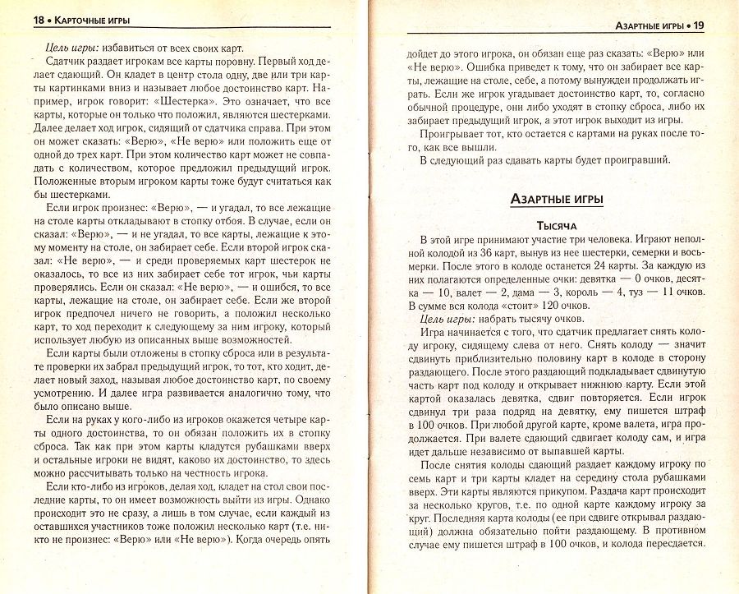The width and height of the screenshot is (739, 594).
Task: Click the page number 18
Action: coord(21,19)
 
